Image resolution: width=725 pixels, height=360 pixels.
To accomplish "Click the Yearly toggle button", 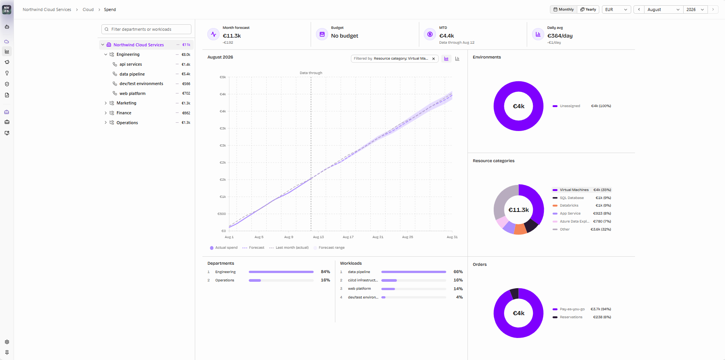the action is [x=588, y=9].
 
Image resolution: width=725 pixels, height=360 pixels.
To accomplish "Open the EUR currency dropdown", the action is [x=616, y=9].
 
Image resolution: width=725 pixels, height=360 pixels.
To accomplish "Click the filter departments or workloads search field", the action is [x=146, y=29].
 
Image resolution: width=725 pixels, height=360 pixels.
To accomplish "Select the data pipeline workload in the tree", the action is [x=132, y=74].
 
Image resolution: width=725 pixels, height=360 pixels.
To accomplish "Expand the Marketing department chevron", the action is [x=106, y=103].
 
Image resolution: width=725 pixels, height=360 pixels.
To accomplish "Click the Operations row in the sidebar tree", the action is [x=127, y=123].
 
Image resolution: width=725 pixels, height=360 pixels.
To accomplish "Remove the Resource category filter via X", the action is [x=433, y=59].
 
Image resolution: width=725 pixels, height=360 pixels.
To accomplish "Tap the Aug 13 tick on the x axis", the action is [x=318, y=237].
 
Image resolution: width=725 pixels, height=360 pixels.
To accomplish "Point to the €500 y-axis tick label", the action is [x=222, y=214].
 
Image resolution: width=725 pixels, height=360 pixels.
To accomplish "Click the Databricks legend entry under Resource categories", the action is [x=569, y=205].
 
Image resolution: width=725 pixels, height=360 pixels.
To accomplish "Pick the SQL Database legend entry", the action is [x=572, y=198].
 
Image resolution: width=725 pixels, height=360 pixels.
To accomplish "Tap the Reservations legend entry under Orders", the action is [x=571, y=317].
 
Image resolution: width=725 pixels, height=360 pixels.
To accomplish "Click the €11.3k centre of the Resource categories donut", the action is [x=518, y=210].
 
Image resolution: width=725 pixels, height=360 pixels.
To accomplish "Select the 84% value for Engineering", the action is [x=325, y=272].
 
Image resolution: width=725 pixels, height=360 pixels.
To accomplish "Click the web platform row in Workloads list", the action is [x=359, y=289].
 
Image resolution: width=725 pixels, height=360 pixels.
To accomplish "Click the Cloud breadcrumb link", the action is [x=88, y=9].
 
